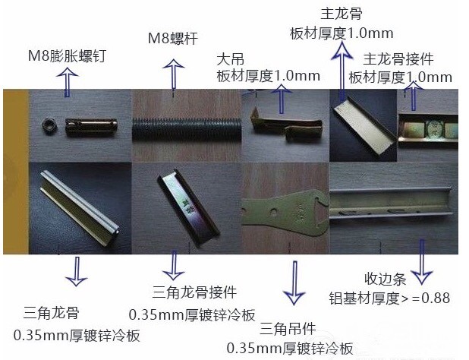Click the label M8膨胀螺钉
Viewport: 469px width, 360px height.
point(67,56)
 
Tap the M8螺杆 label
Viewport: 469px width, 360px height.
point(173,38)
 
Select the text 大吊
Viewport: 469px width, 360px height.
point(230,59)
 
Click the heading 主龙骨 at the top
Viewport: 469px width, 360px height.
point(341,14)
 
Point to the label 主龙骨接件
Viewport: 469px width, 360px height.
point(398,59)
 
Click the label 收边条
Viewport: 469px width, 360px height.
point(386,279)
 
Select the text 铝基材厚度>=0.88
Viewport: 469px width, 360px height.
point(389,298)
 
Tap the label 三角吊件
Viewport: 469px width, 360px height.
point(288,329)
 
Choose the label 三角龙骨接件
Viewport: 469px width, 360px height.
point(194,292)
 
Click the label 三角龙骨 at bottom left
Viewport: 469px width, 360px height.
point(51,313)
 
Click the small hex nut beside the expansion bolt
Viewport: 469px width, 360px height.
point(49,125)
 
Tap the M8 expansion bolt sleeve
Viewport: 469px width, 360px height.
point(91,127)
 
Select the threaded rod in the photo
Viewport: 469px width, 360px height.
point(187,129)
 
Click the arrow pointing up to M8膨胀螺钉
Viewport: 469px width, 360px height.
point(68,82)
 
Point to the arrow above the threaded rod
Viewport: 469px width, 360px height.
point(173,74)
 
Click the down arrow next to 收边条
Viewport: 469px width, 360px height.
point(422,262)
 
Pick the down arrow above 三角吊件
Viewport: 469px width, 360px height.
point(294,283)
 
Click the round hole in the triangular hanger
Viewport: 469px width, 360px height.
point(273,212)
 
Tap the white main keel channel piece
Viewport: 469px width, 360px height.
point(363,126)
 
